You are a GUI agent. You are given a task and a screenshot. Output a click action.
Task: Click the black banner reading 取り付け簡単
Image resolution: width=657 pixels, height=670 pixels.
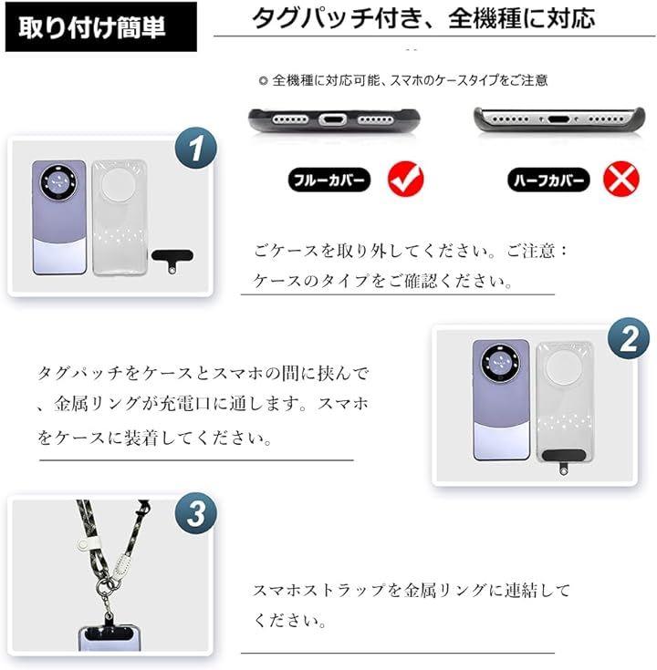click(101, 27)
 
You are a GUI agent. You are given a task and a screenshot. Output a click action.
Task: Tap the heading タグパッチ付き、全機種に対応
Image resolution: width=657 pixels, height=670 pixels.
click(423, 18)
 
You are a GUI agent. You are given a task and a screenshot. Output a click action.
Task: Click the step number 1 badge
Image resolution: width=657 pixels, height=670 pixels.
click(196, 148)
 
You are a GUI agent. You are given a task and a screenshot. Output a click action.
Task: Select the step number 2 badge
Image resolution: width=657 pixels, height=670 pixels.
click(629, 339)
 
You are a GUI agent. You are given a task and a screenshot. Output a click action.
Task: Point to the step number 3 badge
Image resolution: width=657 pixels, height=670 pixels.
click(196, 512)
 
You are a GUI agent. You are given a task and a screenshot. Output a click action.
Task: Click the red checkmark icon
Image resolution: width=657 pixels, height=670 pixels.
click(405, 179)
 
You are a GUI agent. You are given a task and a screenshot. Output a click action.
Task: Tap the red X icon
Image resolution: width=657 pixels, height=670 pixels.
click(621, 179)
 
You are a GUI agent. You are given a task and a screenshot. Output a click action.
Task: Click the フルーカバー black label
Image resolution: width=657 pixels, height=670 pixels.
click(328, 180)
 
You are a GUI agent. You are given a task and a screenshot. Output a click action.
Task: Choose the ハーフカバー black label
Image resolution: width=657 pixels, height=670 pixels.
click(548, 180)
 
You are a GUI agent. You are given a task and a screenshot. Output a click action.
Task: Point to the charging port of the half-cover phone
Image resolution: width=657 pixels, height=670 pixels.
click(558, 119)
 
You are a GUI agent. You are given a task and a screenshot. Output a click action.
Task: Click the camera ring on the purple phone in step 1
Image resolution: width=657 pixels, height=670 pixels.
click(58, 182)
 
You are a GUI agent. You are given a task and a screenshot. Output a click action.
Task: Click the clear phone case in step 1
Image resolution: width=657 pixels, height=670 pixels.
click(120, 218)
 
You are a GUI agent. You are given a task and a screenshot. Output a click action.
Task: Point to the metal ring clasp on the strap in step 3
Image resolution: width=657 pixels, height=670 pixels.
click(104, 586)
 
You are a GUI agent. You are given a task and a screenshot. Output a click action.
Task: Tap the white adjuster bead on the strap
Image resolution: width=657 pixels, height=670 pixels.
click(81, 545)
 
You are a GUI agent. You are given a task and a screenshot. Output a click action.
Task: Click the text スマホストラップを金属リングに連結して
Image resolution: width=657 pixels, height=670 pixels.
click(412, 590)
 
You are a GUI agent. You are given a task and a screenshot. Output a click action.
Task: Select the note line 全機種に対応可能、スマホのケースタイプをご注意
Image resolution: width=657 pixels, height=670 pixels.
click(403, 80)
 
